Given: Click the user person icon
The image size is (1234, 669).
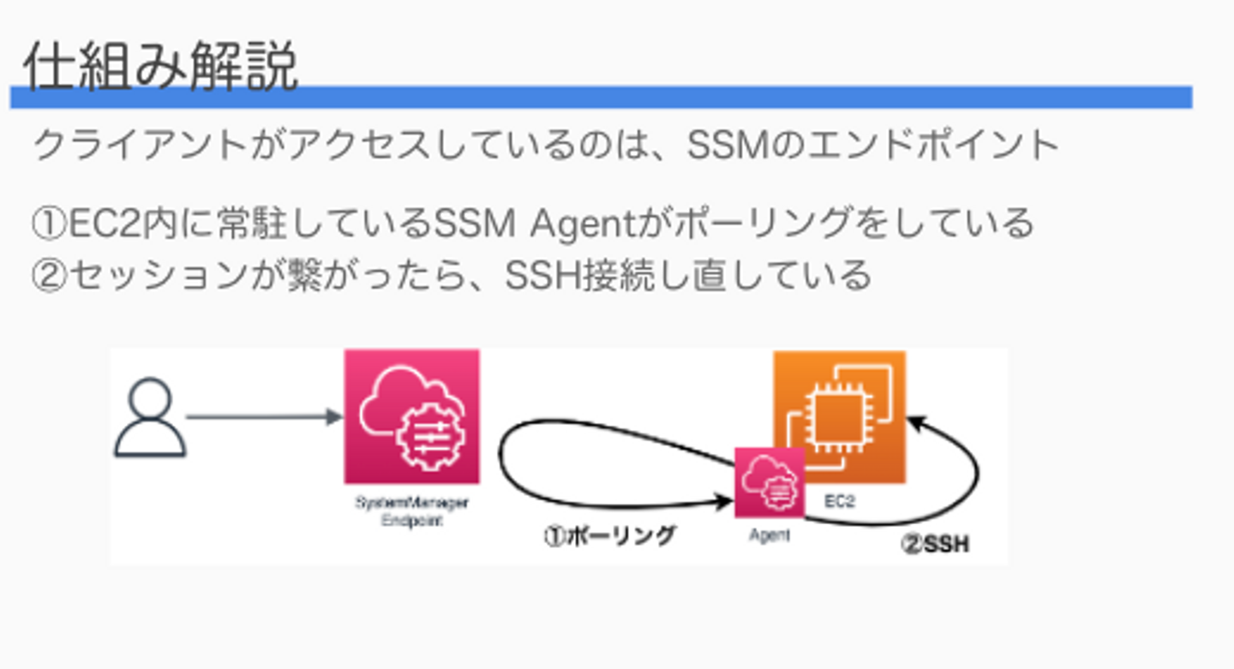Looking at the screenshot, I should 150,418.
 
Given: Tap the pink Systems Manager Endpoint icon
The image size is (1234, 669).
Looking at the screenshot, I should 411,416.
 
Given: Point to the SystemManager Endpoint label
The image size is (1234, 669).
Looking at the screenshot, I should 411,511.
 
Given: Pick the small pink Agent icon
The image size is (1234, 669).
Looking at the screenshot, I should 769,482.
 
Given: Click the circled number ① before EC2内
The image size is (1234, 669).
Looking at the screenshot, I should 48,225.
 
